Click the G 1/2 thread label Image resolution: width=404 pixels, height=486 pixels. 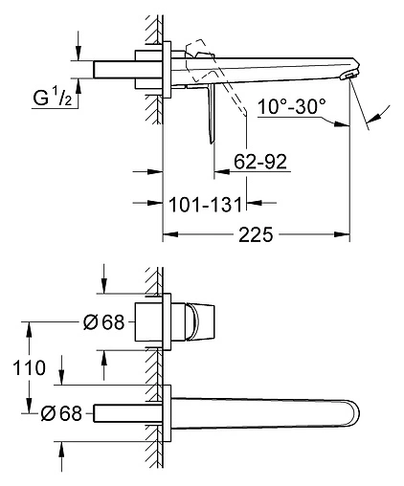coord(53,98)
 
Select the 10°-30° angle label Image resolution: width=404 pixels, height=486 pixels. coord(292,106)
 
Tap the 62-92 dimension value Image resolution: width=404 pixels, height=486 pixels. coord(260,162)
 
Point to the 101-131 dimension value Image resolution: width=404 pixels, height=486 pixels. coord(205,205)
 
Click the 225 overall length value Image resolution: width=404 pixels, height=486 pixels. coord(256,234)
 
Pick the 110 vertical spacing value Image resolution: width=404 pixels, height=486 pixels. coord(29,367)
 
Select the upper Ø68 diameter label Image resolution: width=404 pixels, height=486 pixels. coord(103,322)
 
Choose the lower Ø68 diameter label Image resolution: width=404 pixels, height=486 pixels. coord(61,413)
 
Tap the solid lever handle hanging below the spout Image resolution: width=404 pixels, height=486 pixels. coord(212,113)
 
